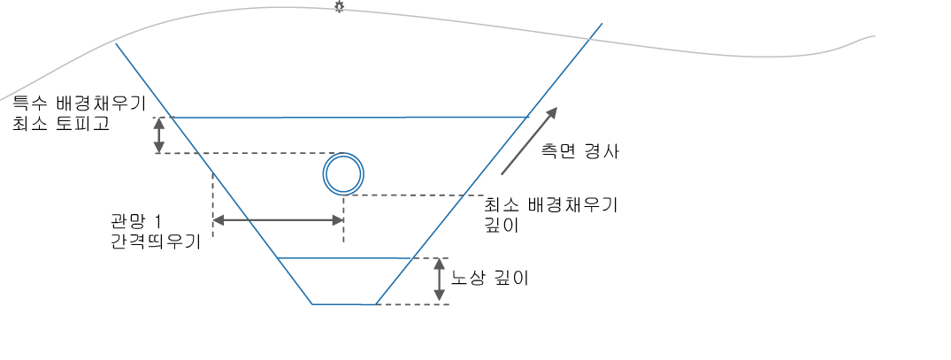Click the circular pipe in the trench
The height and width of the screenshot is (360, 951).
point(342,173)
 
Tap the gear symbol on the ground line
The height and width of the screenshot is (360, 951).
point(338,7)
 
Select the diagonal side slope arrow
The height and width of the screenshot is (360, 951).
point(530,139)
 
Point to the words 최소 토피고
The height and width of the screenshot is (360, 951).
point(60,125)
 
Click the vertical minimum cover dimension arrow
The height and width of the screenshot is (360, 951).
point(159,135)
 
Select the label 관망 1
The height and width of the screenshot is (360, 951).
point(133,220)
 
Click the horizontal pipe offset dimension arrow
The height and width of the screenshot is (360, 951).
point(277,220)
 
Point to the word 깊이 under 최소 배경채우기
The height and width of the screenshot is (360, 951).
point(501,226)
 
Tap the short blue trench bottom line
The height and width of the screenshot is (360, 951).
point(344,304)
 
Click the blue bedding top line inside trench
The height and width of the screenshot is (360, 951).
point(345,257)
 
